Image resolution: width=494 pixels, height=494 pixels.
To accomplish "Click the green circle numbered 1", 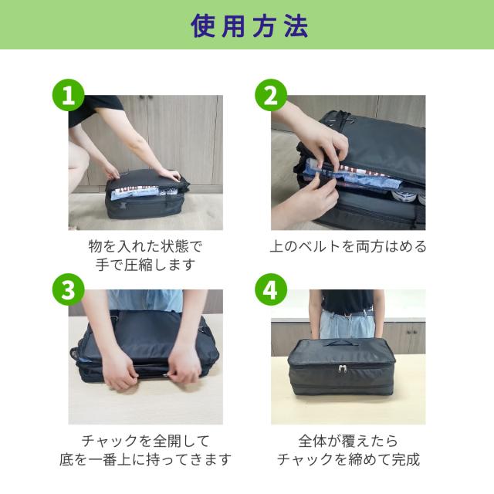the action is (69, 95).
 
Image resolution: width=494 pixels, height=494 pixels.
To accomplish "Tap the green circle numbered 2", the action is (271, 95).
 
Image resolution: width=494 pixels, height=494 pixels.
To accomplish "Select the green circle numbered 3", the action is (69, 289).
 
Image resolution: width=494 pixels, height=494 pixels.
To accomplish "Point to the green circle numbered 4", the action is (271, 289).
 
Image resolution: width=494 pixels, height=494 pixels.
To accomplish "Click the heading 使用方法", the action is (249, 26).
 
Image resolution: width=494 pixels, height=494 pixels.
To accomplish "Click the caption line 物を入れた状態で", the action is (145, 246).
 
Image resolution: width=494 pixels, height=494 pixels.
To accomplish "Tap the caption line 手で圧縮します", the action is (146, 264).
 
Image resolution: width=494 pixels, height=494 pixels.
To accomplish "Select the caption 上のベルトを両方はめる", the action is (348, 246).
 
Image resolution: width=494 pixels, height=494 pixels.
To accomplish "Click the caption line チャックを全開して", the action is (146, 441).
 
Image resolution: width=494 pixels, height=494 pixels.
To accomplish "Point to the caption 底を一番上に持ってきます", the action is (146, 459).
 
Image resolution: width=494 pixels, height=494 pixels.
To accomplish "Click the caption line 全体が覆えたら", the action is (348, 441).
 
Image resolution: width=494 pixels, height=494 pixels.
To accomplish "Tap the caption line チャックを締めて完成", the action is (348, 459).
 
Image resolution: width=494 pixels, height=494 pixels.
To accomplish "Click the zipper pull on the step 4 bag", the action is (343, 368).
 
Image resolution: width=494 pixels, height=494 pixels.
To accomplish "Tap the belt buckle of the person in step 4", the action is (347, 314).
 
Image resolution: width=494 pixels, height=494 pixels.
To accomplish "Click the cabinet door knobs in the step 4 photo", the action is (411, 332).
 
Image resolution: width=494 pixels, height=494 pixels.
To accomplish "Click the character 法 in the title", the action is (296, 26).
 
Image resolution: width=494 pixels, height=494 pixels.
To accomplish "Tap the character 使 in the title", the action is (203, 26).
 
